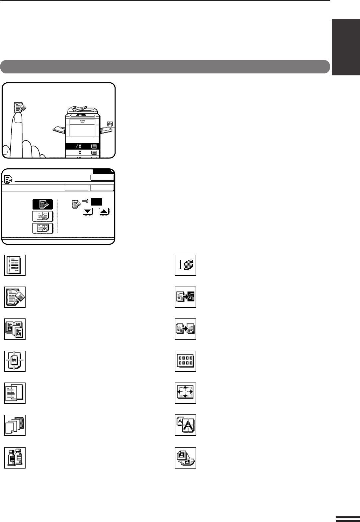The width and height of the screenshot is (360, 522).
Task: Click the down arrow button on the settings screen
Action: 88,212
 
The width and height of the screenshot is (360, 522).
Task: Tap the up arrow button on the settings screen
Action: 104,212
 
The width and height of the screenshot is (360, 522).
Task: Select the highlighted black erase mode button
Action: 43,204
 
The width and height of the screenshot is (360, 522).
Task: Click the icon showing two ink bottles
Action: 15,458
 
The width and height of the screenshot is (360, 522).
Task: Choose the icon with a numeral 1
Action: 185,265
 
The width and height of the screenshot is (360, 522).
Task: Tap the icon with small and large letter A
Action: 185,425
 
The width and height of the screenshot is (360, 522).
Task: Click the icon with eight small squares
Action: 185,361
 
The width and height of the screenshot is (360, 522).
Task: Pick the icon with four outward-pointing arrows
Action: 185,393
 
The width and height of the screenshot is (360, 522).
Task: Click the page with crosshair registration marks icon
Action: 15,361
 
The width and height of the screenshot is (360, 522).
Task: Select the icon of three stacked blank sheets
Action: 15,425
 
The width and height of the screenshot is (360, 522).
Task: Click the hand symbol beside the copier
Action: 110,124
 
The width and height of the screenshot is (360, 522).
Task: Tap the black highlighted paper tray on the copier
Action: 82,146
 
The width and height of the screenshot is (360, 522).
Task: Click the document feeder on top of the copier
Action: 79,110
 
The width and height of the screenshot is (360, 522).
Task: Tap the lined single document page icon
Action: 15,265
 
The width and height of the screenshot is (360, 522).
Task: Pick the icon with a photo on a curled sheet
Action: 185,458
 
